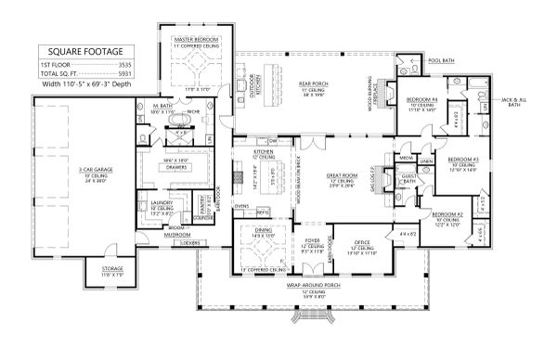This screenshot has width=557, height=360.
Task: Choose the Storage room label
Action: [112, 272]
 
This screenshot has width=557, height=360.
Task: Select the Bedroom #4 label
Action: [422, 99]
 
